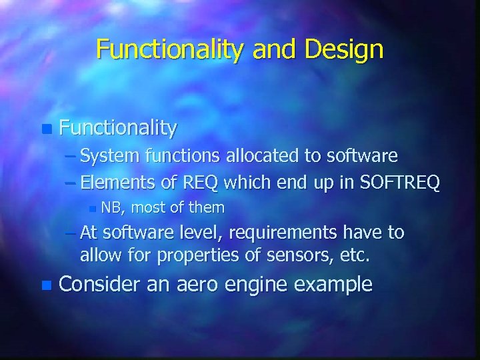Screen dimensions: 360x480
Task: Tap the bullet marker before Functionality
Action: tap(45, 127)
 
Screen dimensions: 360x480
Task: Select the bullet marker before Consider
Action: tap(45, 285)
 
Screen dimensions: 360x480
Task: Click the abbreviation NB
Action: tap(113, 208)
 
